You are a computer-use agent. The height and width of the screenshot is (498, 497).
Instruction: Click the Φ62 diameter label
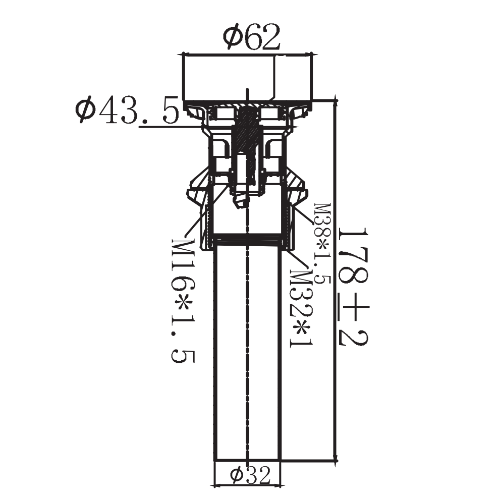coord(251,37)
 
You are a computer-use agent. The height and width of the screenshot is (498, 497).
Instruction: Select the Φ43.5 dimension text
coord(127,109)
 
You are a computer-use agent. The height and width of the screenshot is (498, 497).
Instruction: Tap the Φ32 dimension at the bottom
coord(250,475)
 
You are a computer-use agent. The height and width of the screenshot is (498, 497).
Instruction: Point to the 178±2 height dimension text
coord(354,287)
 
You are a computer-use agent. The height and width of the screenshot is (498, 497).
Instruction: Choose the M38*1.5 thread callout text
coord(322,244)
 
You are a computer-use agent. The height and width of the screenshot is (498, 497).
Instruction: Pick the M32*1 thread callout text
coord(301,309)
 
